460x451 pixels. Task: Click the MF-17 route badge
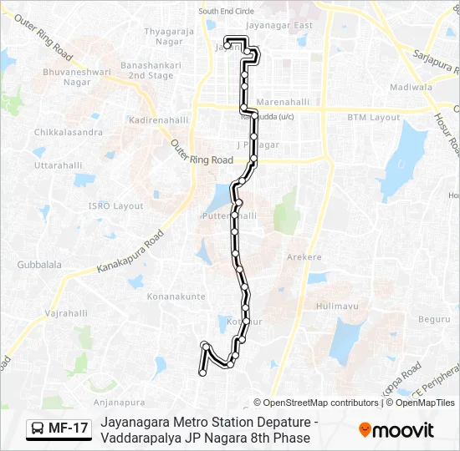pos(59,428)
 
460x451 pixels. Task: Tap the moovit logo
pos(396,429)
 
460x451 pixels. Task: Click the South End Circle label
pos(226,12)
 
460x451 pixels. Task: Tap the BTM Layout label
pos(374,118)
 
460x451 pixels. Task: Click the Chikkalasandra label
pos(69,132)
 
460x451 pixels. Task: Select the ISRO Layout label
pos(117,205)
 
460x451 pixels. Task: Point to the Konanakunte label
pos(176,296)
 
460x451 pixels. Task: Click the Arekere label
pos(304,257)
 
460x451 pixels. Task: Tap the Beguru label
pos(433,319)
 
